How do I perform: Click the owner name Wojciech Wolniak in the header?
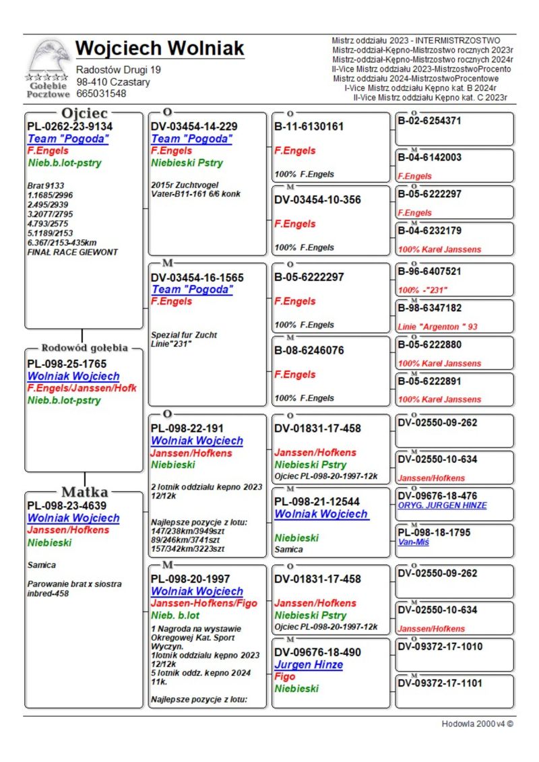pos(160,49)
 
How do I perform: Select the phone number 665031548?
pos(101,94)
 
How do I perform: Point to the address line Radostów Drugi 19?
pos(118,70)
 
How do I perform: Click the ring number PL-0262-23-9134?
pos(69,127)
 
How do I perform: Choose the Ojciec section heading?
pos(84,113)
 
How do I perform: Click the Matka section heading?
pos(85,491)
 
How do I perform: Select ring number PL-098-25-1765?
pos(66,364)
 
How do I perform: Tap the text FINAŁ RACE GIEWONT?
pos(73,252)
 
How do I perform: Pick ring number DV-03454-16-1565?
pos(197,278)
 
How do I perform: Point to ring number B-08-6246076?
pos(309,350)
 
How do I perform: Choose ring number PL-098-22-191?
pos(187,428)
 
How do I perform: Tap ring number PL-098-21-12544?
pos(317,501)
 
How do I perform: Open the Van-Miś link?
pos(414,542)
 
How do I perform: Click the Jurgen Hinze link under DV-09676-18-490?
pos(309,664)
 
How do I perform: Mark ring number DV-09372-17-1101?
pos(440,682)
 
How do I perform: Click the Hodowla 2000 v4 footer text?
pos(477,724)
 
